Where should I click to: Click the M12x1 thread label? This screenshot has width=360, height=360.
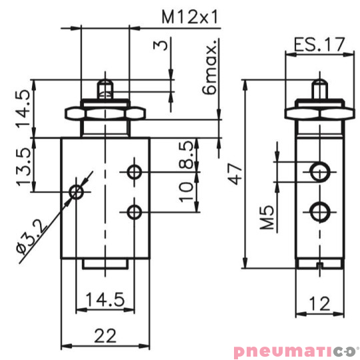[x=191, y=17]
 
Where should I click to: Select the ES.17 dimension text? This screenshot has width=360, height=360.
[x=319, y=45]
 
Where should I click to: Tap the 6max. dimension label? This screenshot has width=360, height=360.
[x=211, y=70]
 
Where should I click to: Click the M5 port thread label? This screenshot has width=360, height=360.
[x=267, y=218]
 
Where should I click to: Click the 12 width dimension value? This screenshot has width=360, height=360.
[x=320, y=304]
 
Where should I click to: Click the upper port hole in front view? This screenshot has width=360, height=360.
[x=135, y=173]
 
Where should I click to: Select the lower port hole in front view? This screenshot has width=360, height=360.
[x=135, y=213]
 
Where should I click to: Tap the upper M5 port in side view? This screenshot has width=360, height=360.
[x=320, y=172]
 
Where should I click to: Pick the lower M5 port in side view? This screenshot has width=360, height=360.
[x=320, y=213]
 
